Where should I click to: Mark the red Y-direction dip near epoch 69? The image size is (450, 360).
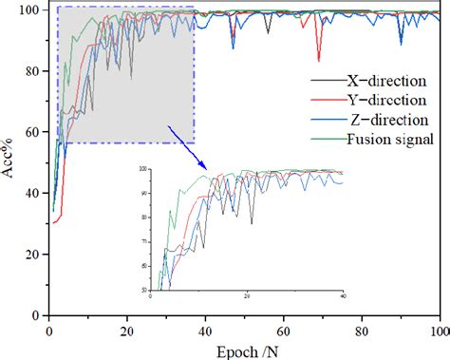click(319, 60)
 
